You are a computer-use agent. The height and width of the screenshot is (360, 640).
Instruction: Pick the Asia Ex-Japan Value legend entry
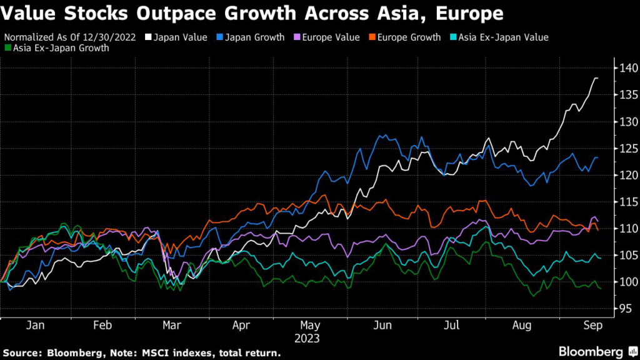click(x=503, y=37)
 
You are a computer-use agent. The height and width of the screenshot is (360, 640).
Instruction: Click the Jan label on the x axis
click(x=36, y=325)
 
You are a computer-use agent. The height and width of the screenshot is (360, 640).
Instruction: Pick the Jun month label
click(x=382, y=325)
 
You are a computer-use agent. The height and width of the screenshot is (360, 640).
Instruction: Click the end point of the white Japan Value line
click(x=597, y=78)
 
